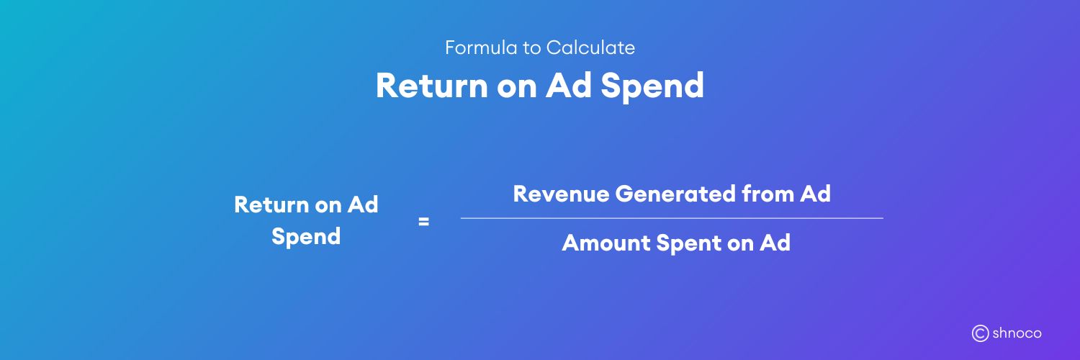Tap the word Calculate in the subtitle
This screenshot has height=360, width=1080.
tap(590, 48)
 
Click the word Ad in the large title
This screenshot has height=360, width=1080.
tap(568, 86)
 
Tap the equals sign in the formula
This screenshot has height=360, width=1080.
tap(423, 222)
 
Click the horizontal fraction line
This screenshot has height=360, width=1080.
tap(671, 217)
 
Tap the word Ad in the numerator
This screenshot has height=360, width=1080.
tap(815, 194)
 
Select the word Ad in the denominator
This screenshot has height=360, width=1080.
tap(775, 243)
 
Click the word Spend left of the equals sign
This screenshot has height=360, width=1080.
tap(306, 237)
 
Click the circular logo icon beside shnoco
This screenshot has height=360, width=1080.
tap(980, 333)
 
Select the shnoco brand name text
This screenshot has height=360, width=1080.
tap(1017, 333)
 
